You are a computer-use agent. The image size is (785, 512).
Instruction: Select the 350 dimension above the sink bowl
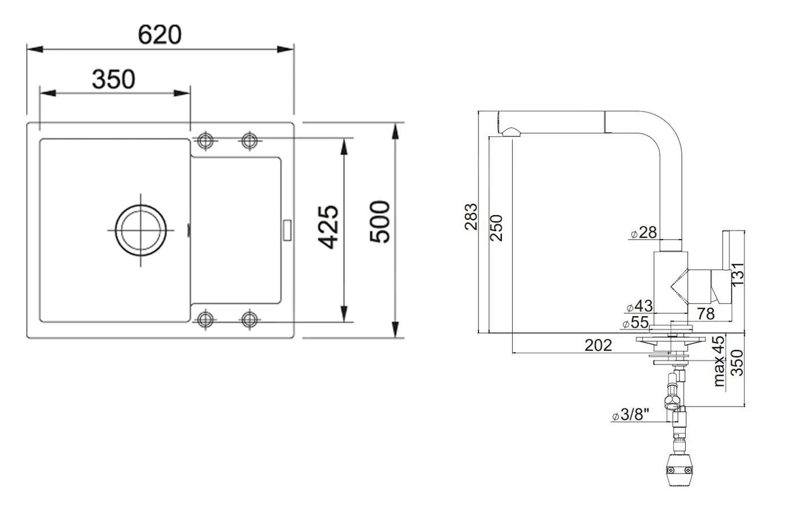tap(113, 79)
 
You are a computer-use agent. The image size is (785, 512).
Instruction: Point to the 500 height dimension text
tap(379, 221)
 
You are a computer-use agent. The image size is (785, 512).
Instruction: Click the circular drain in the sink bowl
tap(140, 230)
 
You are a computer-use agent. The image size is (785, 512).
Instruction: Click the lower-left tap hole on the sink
tap(205, 319)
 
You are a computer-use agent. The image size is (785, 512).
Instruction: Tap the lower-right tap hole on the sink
tap(249, 319)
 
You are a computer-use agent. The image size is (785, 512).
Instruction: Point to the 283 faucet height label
tap(471, 216)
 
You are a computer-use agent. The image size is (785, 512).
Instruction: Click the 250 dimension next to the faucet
tap(497, 227)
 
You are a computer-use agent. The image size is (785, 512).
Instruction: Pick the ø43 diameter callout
tap(639, 307)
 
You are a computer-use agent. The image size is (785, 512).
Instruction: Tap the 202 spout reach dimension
tap(598, 345)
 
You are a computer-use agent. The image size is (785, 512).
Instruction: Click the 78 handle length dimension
tap(706, 313)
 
